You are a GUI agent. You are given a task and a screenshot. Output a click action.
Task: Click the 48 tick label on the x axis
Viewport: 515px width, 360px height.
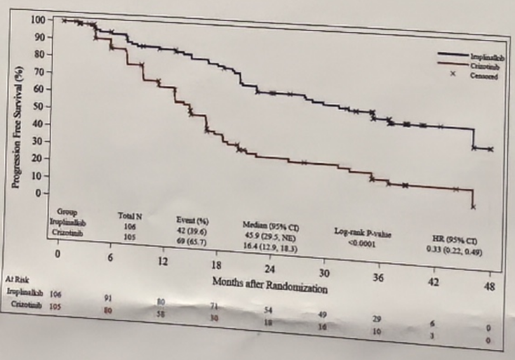coord(489,287)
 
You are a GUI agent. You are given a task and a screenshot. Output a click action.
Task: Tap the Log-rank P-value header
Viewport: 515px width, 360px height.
coord(363,233)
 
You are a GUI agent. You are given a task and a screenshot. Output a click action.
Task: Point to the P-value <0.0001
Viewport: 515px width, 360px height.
coord(362,242)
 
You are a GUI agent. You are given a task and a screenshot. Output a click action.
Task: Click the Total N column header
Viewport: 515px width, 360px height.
coord(130,216)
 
